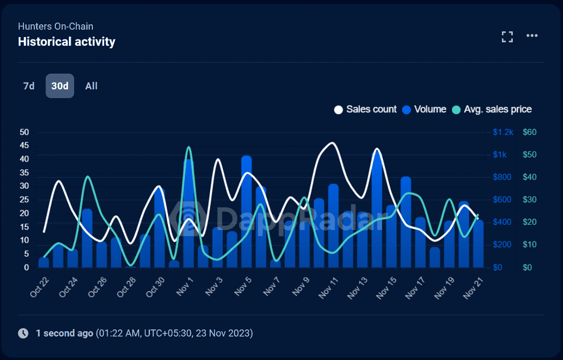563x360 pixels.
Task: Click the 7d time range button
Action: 29,86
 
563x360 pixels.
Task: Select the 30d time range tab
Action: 60,86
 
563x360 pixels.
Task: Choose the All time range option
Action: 91,86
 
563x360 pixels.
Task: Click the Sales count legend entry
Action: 365,109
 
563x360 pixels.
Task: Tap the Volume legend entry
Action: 424,109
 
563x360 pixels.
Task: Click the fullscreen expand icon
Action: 507,37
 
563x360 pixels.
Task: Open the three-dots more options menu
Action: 532,36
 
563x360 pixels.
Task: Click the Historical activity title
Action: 67,42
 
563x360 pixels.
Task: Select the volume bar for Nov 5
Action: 247,211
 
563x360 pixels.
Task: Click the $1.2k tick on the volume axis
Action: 503,132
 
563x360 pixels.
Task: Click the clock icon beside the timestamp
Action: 23,333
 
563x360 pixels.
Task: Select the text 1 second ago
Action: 64,333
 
